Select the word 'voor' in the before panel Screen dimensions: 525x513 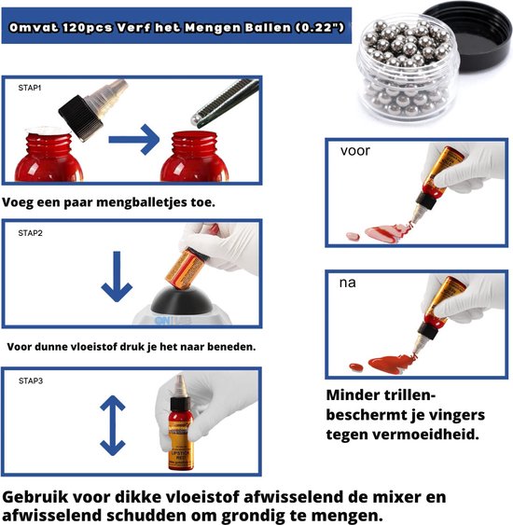355,150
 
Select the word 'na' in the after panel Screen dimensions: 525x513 349,281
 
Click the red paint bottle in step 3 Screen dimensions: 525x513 179,428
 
